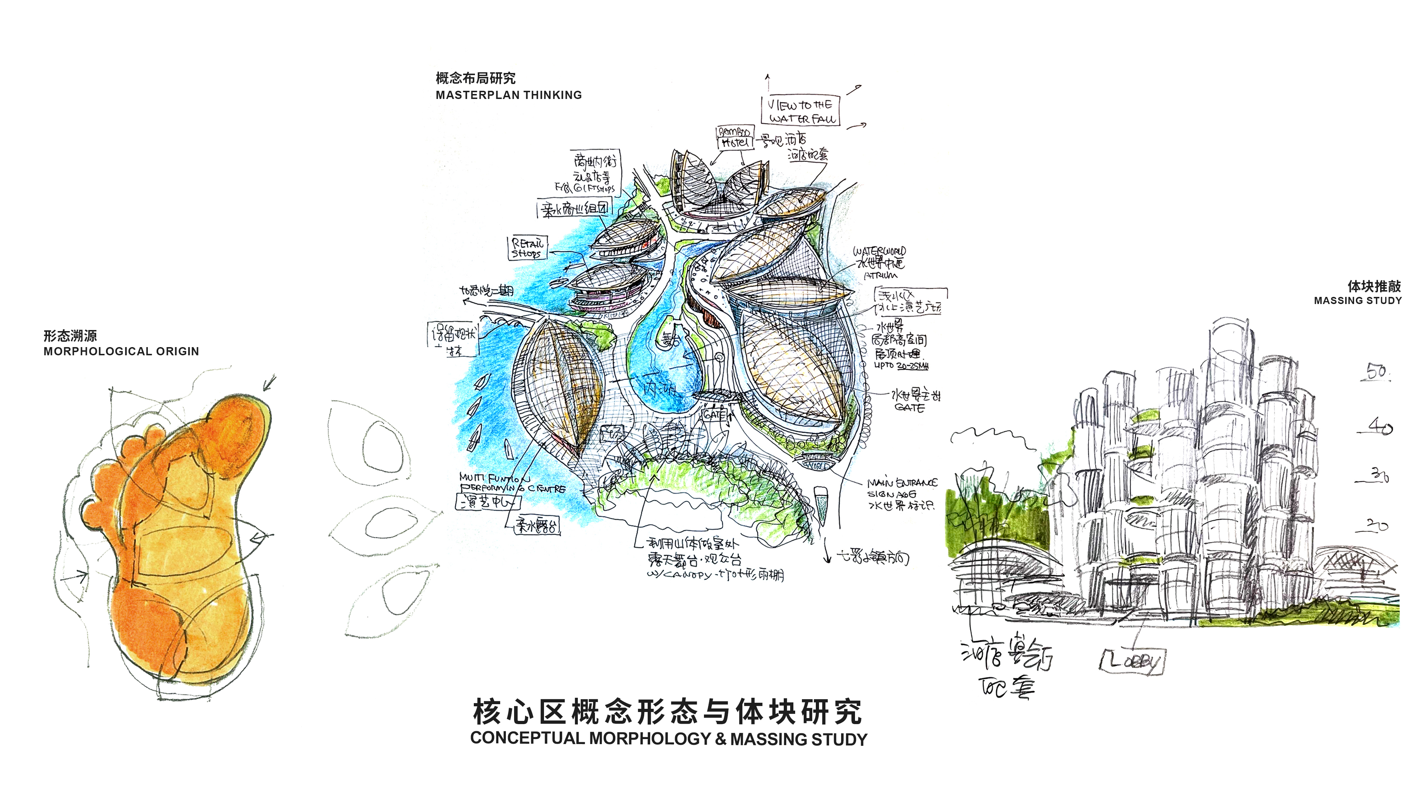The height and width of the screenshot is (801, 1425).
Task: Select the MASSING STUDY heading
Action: click(x=1358, y=301)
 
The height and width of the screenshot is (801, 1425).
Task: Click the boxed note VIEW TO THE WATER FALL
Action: click(x=801, y=111)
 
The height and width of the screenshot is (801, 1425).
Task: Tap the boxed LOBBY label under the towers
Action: click(x=1131, y=661)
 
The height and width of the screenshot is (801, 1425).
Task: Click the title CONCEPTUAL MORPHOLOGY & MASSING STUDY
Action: click(x=668, y=739)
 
